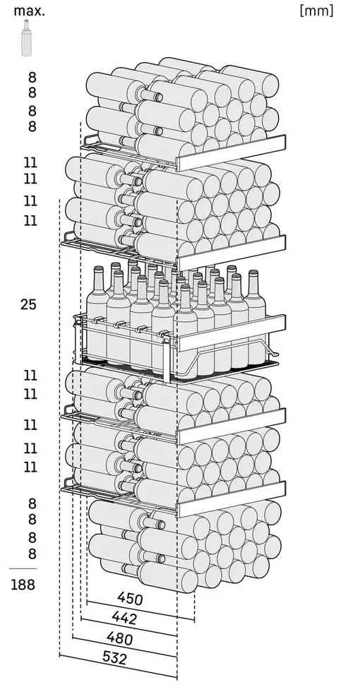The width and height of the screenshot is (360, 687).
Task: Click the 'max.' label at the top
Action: (30, 11)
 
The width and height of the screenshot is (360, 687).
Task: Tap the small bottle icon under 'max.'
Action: (27, 37)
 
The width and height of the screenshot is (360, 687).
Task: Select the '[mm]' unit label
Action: (316, 11)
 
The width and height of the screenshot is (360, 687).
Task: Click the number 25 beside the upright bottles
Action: (28, 304)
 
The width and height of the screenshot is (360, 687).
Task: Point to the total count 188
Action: (23, 585)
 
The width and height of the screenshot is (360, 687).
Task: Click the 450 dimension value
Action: (130, 599)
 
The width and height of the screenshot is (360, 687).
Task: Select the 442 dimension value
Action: (124, 618)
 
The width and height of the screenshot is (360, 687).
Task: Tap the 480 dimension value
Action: (120, 638)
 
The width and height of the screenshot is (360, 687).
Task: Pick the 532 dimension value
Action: (115, 657)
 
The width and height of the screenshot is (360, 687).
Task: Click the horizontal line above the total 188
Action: (23, 568)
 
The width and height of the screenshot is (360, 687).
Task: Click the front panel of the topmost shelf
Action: (231, 153)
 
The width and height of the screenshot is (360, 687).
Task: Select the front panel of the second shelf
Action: (231, 253)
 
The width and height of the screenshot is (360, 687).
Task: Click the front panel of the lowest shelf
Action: (231, 499)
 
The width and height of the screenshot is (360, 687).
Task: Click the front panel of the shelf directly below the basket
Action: (231, 426)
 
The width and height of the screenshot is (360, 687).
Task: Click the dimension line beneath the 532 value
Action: (119, 667)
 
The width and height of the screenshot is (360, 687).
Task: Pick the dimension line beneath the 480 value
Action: (125, 647)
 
